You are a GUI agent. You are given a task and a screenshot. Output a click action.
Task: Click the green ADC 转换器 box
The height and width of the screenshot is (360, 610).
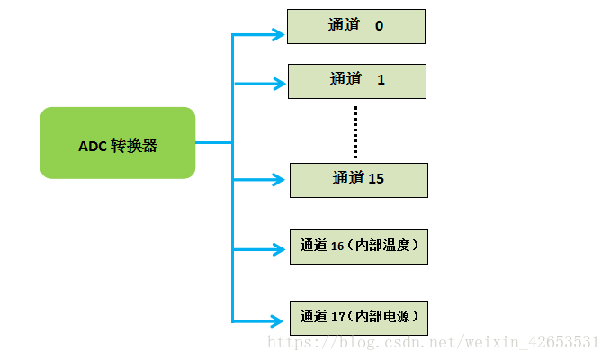click(x=118, y=142)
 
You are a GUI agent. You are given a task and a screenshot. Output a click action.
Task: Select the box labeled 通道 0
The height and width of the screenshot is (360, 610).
click(x=355, y=26)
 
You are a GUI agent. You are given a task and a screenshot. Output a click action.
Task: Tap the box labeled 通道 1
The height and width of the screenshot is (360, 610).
click(x=356, y=81)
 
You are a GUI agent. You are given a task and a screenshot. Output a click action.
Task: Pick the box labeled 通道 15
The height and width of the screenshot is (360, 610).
click(x=358, y=180)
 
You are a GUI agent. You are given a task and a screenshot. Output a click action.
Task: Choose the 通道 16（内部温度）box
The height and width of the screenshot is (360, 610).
click(x=358, y=246)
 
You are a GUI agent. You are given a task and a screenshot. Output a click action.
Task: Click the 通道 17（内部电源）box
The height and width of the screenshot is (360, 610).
click(x=358, y=318)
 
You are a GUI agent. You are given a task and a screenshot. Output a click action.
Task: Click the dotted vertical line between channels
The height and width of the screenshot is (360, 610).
click(x=355, y=131)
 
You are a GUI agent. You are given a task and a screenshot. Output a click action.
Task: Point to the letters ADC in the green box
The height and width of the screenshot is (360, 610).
click(x=92, y=146)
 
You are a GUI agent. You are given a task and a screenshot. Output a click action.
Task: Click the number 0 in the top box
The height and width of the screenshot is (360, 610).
click(x=379, y=26)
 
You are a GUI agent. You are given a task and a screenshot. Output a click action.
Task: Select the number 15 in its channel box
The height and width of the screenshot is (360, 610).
click(x=376, y=179)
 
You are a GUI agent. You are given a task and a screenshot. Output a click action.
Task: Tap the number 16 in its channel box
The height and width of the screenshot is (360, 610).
click(x=337, y=246)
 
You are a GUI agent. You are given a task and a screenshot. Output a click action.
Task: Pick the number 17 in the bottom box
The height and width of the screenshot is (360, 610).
click(x=337, y=317)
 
